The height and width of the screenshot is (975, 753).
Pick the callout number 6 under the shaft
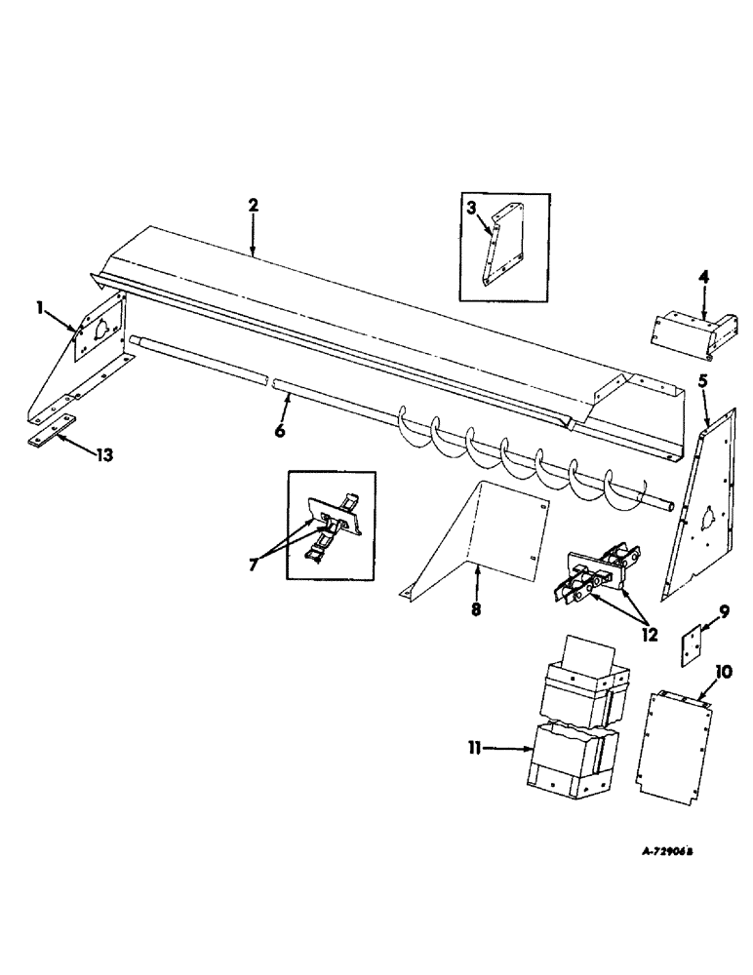coord(279,430)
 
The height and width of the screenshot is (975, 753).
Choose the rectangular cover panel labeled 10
coord(674,740)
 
